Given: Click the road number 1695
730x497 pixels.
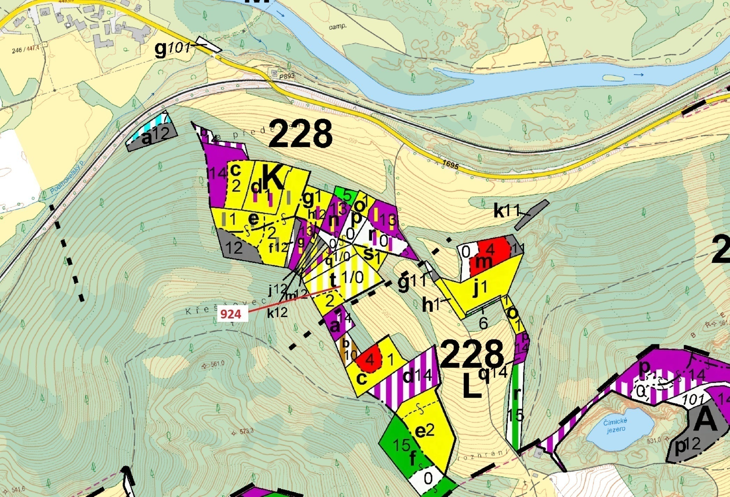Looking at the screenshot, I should tap(450, 164).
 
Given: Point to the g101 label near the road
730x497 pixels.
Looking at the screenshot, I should tap(173, 49).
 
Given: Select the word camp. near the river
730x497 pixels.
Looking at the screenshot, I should tap(337, 27).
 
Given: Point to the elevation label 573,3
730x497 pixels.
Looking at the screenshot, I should tap(246, 431).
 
